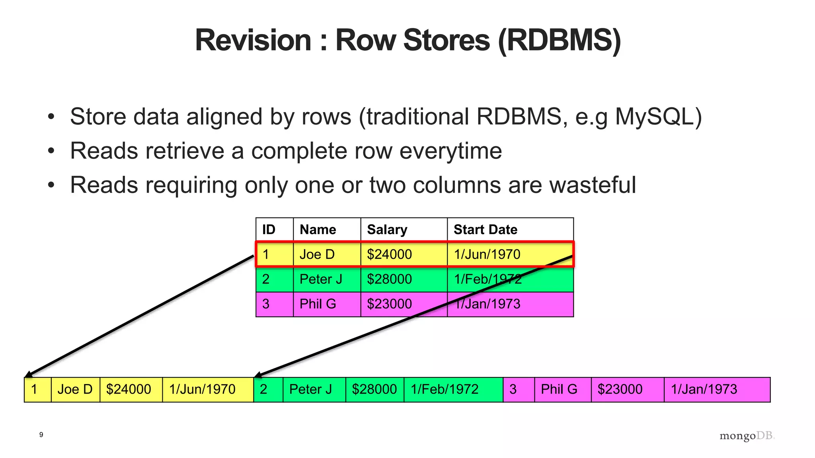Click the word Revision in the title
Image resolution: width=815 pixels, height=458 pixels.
pos(253,40)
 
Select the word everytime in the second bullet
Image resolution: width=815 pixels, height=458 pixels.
pos(450,151)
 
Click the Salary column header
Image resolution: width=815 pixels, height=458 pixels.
pos(387,229)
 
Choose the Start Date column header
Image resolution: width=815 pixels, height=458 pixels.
pos(485,229)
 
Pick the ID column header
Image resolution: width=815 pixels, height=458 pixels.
pos(269,229)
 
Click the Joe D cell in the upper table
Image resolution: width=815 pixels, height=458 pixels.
pos(317,254)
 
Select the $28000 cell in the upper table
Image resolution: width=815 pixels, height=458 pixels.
pos(389,279)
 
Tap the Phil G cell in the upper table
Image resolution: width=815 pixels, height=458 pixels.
pos(318,304)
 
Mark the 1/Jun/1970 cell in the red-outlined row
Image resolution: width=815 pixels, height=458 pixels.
pos(487,254)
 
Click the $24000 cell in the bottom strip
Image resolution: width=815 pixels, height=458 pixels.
pos(129,389)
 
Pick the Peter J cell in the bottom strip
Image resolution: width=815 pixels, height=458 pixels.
pos(310,389)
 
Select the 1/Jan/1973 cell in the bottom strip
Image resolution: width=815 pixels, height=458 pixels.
pos(704,389)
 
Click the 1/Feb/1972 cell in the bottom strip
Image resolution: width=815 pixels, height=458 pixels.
pos(445,389)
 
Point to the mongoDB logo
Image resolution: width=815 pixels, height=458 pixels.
pos(747,436)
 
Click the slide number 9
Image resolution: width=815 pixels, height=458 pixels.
pos(41,435)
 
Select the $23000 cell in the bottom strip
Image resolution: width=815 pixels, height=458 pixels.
pos(620,389)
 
